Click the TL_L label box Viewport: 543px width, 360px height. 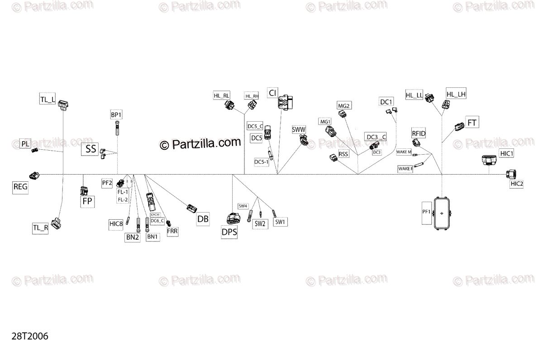click(x=48, y=99)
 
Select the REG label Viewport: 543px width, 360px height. click(x=20, y=187)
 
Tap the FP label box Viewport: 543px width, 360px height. click(x=88, y=202)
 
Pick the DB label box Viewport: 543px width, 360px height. click(x=203, y=219)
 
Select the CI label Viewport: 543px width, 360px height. click(x=272, y=93)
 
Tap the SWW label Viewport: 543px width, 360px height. click(x=299, y=130)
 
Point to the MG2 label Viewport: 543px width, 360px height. click(x=344, y=106)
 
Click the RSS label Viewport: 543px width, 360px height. click(x=344, y=154)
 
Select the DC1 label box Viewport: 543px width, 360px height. click(x=386, y=102)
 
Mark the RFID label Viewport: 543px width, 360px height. click(x=419, y=133)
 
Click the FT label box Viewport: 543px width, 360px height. click(x=472, y=123)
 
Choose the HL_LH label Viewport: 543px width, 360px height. click(x=456, y=94)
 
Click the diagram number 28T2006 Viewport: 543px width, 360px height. click(x=30, y=336)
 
